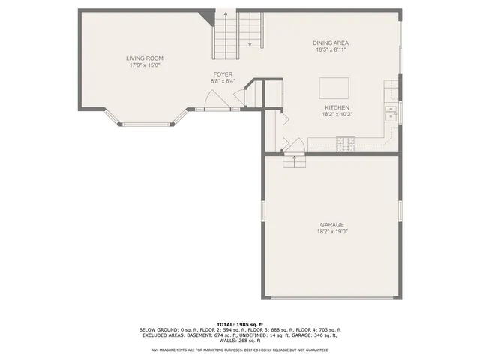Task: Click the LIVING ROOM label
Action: click(x=144, y=58)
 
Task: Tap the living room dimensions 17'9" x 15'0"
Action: click(x=144, y=65)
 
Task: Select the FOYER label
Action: click(x=223, y=74)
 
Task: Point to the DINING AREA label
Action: click(x=331, y=43)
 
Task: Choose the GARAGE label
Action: click(x=331, y=224)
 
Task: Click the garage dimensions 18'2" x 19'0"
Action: click(x=331, y=232)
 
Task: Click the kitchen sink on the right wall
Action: click(x=390, y=114)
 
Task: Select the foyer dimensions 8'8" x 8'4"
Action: click(x=223, y=82)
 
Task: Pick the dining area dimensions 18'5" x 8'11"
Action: click(x=331, y=50)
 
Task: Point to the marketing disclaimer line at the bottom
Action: click(x=240, y=349)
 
